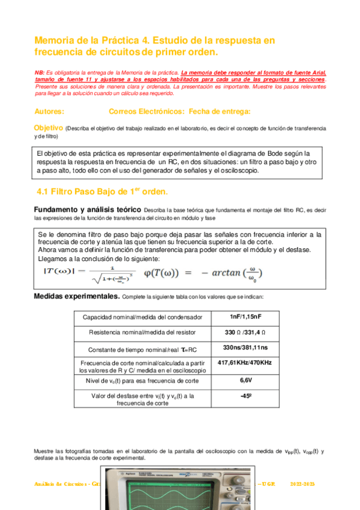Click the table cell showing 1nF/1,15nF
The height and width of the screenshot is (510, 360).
tap(246, 317)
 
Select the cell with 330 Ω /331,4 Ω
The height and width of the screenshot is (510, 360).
tap(246, 332)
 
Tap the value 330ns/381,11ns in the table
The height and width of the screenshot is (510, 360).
tap(246, 348)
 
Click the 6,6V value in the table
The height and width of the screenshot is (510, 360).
tap(246, 380)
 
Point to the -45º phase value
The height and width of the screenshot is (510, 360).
tap(246, 396)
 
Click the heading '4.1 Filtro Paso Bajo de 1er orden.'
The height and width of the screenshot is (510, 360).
tap(103, 191)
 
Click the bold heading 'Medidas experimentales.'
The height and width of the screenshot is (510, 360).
tap(76, 297)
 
